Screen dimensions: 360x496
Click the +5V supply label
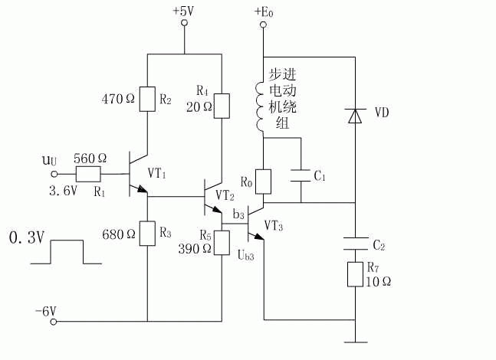click(x=184, y=11)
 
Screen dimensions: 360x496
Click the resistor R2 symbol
click(x=146, y=99)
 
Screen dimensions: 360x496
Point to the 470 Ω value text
click(x=117, y=99)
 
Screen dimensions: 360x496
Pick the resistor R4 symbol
click(x=221, y=106)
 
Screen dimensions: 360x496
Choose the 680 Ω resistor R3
click(x=146, y=234)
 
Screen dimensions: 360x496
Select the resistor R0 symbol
click(x=262, y=182)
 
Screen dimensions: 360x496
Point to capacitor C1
click(x=300, y=177)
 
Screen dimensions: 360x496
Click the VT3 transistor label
click(x=274, y=226)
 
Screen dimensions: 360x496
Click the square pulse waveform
click(x=66, y=252)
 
